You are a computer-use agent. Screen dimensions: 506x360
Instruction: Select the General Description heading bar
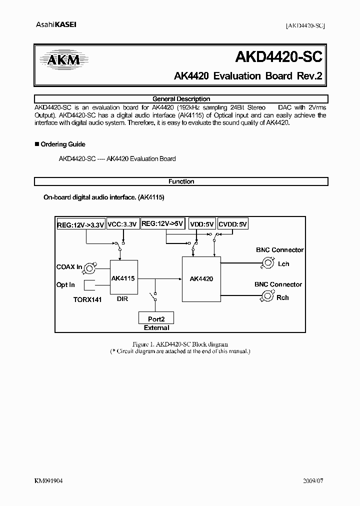181,99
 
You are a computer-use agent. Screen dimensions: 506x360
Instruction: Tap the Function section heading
181,181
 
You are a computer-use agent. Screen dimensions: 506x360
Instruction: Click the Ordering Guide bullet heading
62,144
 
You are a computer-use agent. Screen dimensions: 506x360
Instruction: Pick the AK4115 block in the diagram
124,278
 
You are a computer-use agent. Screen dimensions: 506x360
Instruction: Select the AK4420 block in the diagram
201,279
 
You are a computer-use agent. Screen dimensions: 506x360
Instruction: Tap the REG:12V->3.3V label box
80,225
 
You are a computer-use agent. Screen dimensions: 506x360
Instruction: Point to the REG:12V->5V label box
163,224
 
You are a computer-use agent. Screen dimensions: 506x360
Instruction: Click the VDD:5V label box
202,225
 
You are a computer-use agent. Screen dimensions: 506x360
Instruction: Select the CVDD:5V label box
233,225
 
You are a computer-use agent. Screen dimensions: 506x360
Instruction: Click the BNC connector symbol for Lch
268,263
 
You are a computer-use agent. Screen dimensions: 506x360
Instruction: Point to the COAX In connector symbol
90,267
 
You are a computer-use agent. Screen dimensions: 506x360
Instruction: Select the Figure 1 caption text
180,344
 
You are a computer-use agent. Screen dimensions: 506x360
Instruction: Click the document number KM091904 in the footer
48,480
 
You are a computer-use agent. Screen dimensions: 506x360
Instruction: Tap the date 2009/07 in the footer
314,480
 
